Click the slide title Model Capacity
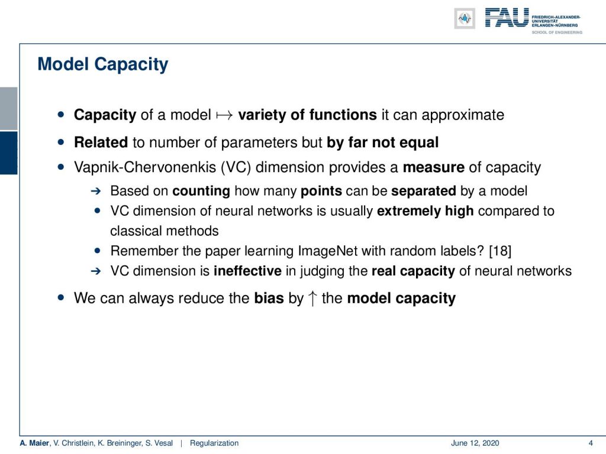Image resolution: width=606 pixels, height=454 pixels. pos(103,64)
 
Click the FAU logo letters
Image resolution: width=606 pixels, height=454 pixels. pos(507,18)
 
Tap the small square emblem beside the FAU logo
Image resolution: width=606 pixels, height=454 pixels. pos(465,18)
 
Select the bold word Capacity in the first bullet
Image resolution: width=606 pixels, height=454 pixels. pos(105,115)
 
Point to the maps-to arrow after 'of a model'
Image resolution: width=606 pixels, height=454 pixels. pos(224,115)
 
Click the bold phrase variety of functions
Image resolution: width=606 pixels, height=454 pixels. pos(307,115)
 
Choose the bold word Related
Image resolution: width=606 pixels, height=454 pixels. pos(101,142)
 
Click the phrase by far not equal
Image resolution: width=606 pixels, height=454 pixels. pos(383,142)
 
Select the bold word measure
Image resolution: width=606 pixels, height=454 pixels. pos(434,167)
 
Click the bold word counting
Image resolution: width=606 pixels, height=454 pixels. pos(201,191)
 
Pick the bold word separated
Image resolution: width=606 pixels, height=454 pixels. pos(424,191)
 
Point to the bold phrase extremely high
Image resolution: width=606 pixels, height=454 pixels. pos(425,211)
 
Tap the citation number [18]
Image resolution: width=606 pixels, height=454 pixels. pos(500,251)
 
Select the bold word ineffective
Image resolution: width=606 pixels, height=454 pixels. pos(247,271)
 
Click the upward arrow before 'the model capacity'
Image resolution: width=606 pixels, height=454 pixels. pos(312,299)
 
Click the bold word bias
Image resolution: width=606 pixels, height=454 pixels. pos(269,299)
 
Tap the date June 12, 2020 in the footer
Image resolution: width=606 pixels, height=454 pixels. pos(475,443)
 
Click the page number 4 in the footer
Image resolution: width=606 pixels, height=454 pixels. pos(591,443)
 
